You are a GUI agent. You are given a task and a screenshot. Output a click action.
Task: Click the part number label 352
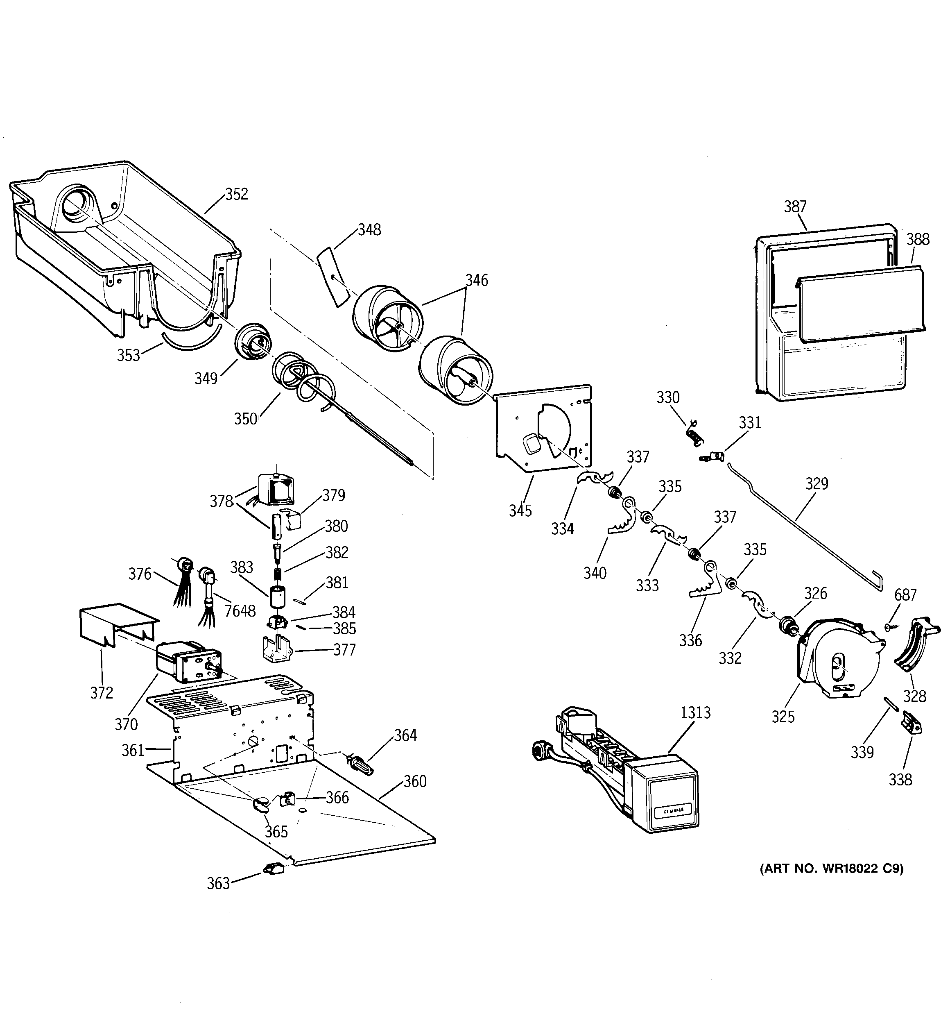click(237, 194)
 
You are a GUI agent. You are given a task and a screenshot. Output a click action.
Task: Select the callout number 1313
click(695, 712)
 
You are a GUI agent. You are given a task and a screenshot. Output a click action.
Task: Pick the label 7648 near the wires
click(240, 610)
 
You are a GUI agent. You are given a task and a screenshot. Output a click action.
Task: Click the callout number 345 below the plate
click(520, 510)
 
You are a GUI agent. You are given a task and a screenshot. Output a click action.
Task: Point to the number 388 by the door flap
click(918, 239)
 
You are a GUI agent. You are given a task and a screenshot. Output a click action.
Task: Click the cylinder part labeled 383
click(277, 597)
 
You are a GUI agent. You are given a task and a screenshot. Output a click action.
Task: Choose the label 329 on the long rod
click(817, 483)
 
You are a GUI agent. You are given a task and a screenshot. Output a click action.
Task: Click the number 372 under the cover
click(102, 693)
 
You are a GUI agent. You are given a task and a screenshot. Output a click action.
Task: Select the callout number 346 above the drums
click(476, 280)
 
